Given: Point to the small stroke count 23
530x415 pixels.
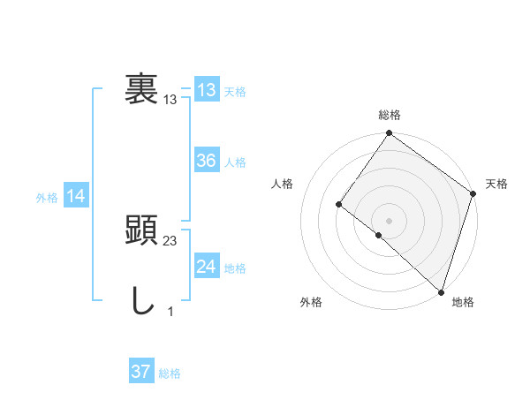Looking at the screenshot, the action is tap(170, 241).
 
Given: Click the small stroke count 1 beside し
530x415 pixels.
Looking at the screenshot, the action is tap(170, 312).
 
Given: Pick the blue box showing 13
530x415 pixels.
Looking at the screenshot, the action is tap(206, 90).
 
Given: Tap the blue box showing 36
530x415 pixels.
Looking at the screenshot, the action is tap(206, 161).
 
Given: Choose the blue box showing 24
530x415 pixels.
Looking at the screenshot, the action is tap(206, 267).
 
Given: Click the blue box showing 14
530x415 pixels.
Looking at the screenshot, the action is tap(76, 197).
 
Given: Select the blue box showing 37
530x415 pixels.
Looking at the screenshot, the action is tap(140, 372).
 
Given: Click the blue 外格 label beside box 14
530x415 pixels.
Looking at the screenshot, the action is tap(47, 198).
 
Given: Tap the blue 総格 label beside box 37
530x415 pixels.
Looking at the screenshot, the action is tap(170, 373).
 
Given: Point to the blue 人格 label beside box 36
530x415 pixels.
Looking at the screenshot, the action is tap(235, 162).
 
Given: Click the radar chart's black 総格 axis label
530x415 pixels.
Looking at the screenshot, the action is tap(390, 115).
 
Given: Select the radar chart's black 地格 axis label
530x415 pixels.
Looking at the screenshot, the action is tap(463, 302).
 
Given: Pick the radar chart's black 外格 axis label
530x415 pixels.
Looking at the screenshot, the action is tap(311, 302).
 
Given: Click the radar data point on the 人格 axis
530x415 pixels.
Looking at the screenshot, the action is tap(339, 204).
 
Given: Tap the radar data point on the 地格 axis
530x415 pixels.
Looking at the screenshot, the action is tap(441, 291).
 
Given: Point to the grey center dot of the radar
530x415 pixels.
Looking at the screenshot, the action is tap(389, 220).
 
